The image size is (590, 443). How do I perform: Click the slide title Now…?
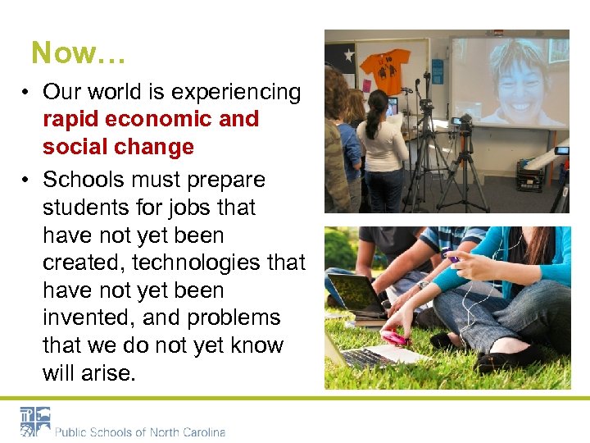(78, 53)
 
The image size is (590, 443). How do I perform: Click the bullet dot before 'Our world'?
(27, 93)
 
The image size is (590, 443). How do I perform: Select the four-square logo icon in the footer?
(35, 422)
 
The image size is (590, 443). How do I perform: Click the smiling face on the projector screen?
(517, 80)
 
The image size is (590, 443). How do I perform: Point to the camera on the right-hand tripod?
(461, 122)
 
